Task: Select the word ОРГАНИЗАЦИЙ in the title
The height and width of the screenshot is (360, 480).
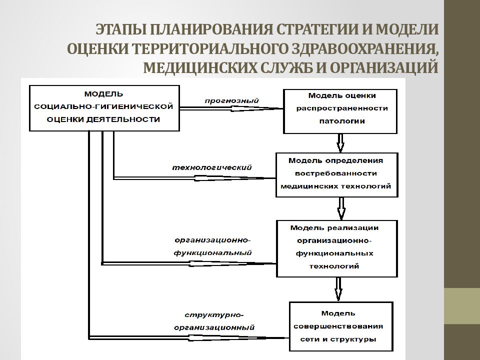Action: pyautogui.click(x=384, y=67)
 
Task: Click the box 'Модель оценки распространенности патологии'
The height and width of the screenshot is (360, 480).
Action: pyautogui.click(x=340, y=111)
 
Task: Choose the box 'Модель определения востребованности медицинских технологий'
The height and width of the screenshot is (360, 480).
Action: pyautogui.click(x=336, y=175)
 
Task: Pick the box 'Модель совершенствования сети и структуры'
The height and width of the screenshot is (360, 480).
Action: pyautogui.click(x=341, y=326)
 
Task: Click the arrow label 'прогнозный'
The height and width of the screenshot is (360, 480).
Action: pyautogui.click(x=231, y=101)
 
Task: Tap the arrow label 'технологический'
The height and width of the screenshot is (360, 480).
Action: pyautogui.click(x=212, y=168)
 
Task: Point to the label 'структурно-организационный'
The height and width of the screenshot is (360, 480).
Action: pyautogui.click(x=214, y=321)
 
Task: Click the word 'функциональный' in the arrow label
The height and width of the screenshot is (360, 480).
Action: pyautogui.click(x=213, y=253)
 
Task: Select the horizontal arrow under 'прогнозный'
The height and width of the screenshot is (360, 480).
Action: pyautogui.click(x=231, y=108)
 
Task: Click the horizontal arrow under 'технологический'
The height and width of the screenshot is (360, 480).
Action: pyautogui.click(x=194, y=178)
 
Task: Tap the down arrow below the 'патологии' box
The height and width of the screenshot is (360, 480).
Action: pyautogui.click(x=340, y=143)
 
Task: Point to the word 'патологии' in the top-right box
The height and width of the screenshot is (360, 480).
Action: pyautogui.click(x=342, y=121)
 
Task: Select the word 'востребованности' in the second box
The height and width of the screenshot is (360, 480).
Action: pyautogui.click(x=336, y=173)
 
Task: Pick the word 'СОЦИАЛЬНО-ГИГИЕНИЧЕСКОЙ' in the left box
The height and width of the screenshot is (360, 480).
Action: pyautogui.click(x=103, y=106)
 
